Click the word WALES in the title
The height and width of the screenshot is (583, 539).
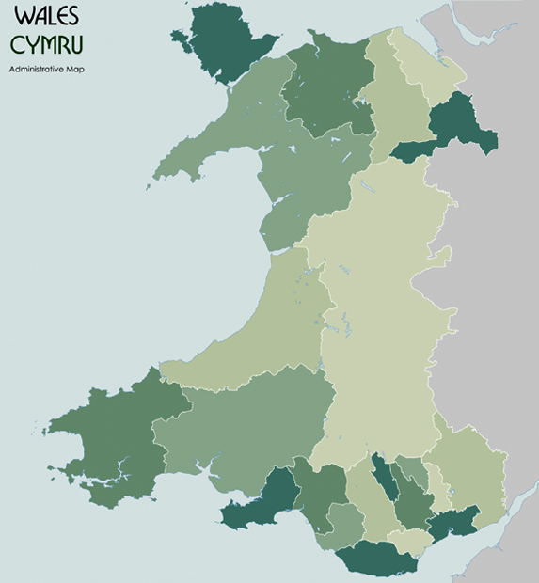(x=47, y=18)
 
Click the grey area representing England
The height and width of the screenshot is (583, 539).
(x=513, y=282)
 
